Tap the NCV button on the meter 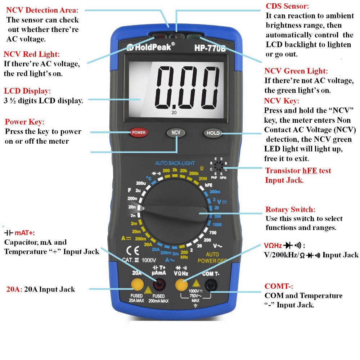coord(176,132)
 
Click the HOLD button coord(213,133)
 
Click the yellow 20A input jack coord(137,285)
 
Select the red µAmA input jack coord(159,285)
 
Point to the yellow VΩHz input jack coord(181,285)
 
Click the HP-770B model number coord(210,47)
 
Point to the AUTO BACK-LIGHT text coord(175,163)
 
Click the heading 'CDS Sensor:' coord(287,6)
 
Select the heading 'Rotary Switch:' coord(290,210)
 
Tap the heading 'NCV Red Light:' coord(31,54)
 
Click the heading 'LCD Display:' coord(27,91)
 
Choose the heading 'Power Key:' coord(24,122)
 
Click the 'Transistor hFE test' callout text coord(298,171)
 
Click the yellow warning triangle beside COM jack coord(197,283)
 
